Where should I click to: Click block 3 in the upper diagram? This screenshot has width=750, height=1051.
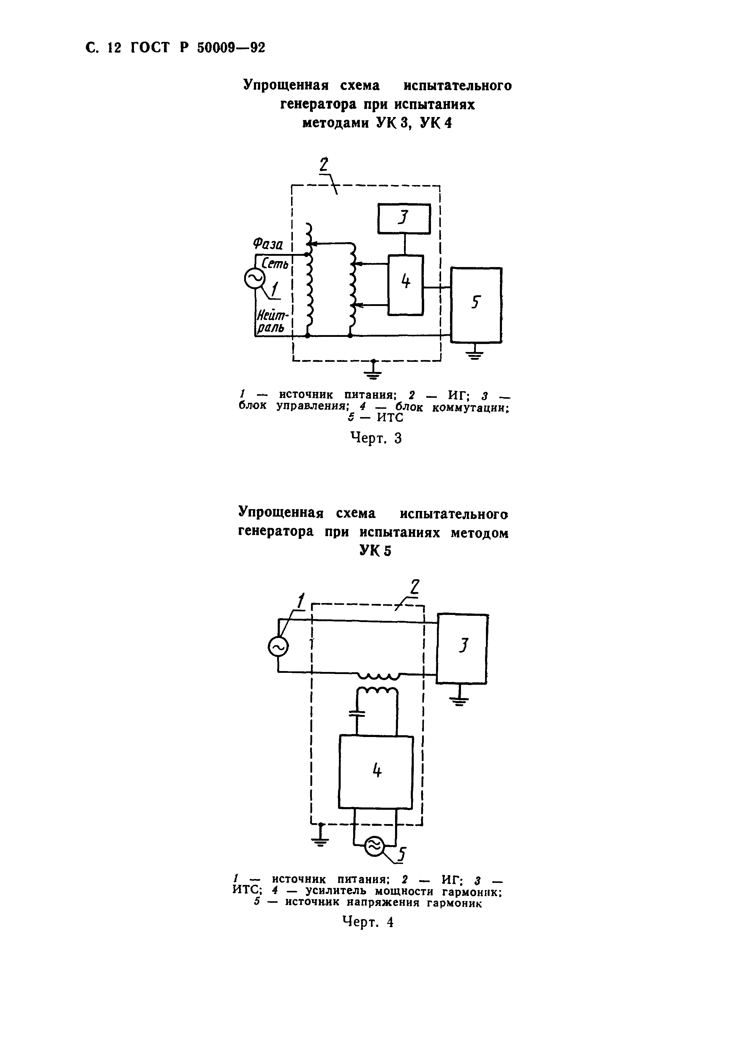point(404,218)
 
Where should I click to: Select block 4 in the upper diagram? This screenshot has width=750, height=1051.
point(405,285)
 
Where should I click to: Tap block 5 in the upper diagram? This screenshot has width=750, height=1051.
point(476,305)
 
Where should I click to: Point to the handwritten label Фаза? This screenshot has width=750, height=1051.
point(268,243)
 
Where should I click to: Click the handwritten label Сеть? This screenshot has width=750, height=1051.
point(275,264)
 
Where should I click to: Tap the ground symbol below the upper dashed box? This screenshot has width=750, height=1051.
point(374,372)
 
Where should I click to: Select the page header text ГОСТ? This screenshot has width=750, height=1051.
point(150,48)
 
